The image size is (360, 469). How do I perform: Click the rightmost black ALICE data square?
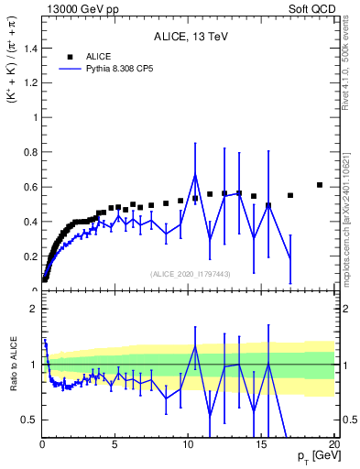coord(320,185)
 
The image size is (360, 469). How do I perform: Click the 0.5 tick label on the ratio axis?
coord(29,420)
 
